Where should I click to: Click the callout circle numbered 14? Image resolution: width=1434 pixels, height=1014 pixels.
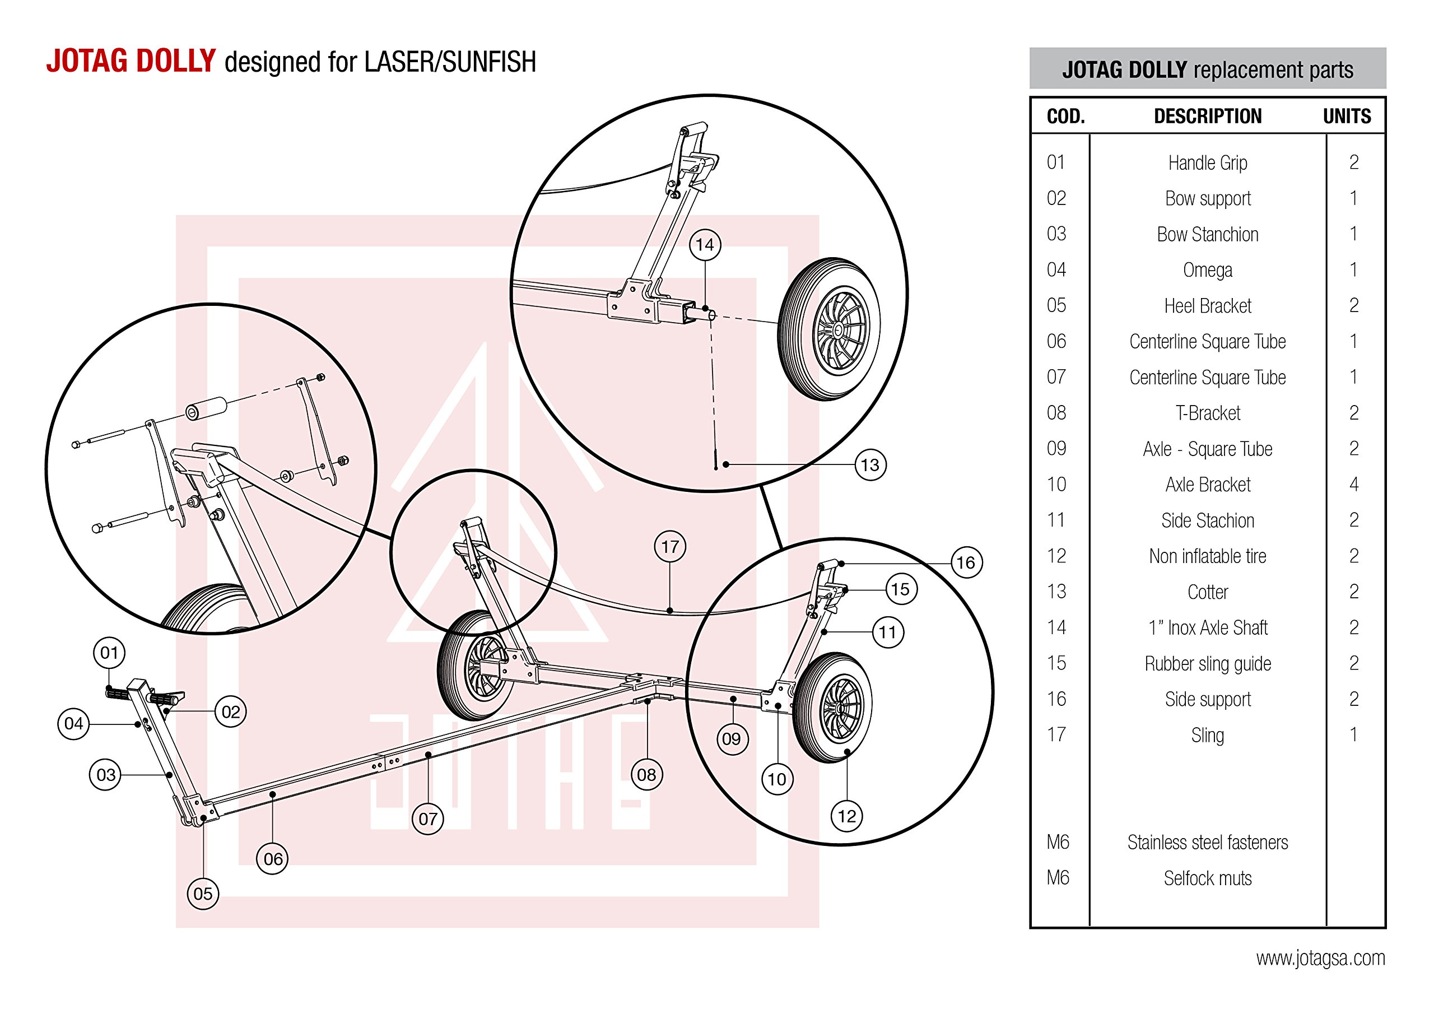[705, 245]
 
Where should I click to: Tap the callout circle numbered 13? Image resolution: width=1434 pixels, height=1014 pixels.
[869, 465]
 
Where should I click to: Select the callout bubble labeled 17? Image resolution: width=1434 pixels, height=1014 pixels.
[669, 547]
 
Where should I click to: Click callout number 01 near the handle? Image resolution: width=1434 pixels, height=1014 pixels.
[109, 653]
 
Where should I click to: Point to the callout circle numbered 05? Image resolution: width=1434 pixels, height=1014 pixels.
[203, 894]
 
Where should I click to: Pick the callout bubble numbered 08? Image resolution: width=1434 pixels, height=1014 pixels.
[646, 775]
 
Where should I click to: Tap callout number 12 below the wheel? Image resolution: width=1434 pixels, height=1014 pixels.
[846, 816]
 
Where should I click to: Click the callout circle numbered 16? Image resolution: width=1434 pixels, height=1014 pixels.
[966, 562]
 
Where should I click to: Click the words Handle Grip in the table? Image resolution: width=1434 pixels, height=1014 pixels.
[1207, 163]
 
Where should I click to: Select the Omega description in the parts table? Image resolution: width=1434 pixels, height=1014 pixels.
[1207, 271]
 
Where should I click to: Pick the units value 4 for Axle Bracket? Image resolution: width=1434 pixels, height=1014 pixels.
[1353, 484]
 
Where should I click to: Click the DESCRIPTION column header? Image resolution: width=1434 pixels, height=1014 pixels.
[1207, 116]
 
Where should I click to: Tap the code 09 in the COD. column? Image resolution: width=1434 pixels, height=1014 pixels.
[1056, 449]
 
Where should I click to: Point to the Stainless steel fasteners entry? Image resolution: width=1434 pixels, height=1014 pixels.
[1207, 843]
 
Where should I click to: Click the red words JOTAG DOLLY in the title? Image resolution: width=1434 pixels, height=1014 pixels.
[131, 61]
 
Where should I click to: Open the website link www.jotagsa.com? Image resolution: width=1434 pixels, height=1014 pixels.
[1320, 958]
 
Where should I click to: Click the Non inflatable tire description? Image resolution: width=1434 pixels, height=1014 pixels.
[1207, 556]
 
